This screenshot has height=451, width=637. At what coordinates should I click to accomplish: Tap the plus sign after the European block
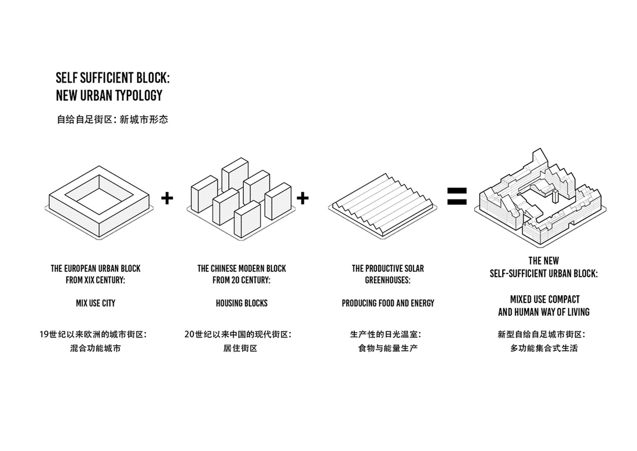pyautogui.click(x=167, y=198)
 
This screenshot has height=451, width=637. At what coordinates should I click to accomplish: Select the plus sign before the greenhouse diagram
pyautogui.click(x=302, y=198)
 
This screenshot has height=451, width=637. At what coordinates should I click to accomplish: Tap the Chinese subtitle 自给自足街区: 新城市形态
pyautogui.click(x=112, y=121)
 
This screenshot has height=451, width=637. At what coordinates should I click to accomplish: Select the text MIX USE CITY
pyautogui.click(x=96, y=303)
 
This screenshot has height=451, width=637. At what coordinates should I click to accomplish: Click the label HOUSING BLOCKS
pyautogui.click(x=241, y=303)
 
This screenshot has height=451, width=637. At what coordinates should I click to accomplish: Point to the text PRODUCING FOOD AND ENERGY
pyautogui.click(x=387, y=303)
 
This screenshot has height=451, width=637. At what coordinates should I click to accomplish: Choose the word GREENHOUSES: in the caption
pyautogui.click(x=387, y=280)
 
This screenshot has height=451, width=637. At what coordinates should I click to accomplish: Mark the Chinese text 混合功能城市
pyautogui.click(x=96, y=348)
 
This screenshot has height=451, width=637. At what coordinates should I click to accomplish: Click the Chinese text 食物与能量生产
pyautogui.click(x=387, y=348)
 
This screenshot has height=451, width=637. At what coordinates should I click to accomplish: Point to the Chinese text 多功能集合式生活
pyautogui.click(x=544, y=348)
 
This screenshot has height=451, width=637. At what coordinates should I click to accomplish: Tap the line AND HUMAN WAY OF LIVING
pyautogui.click(x=544, y=312)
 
